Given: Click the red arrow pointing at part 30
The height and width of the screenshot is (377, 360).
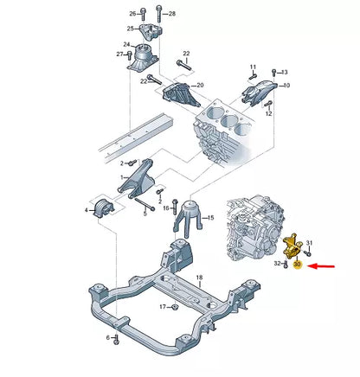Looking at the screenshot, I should coord(324,269).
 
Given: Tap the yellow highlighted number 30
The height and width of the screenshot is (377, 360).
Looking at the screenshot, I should coord(297,266).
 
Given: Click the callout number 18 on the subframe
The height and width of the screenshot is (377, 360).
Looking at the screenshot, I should coord(199,278).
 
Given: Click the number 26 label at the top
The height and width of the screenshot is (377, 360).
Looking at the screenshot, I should coord(133,14).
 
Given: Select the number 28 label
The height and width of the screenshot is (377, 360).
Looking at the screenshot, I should coord(171,14).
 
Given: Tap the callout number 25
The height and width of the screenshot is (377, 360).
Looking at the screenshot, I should coord(131,29).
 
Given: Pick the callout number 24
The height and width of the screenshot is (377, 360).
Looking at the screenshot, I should coord(126,45).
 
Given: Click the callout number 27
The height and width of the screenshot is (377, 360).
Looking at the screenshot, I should coord(120,54).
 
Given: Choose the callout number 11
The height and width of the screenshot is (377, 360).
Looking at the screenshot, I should coord(254,67).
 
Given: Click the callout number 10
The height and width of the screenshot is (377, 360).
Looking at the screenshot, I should coord(287,86).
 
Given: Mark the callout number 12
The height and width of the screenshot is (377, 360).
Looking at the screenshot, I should coord(269,114).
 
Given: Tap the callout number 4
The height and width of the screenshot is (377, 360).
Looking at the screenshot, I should coord(87,210).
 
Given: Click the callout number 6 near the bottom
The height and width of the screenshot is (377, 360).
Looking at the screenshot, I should coord(108,336).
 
